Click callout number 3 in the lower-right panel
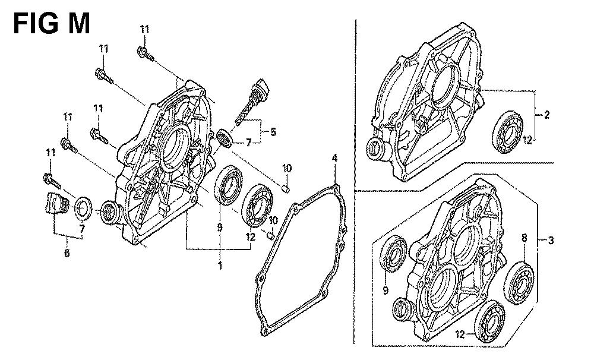(x=551, y=241)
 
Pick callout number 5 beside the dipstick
(x=273, y=132)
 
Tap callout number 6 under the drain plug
(x=67, y=254)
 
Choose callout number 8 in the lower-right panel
(x=524, y=238)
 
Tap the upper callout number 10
(x=286, y=169)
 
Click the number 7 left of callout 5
(x=249, y=142)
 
